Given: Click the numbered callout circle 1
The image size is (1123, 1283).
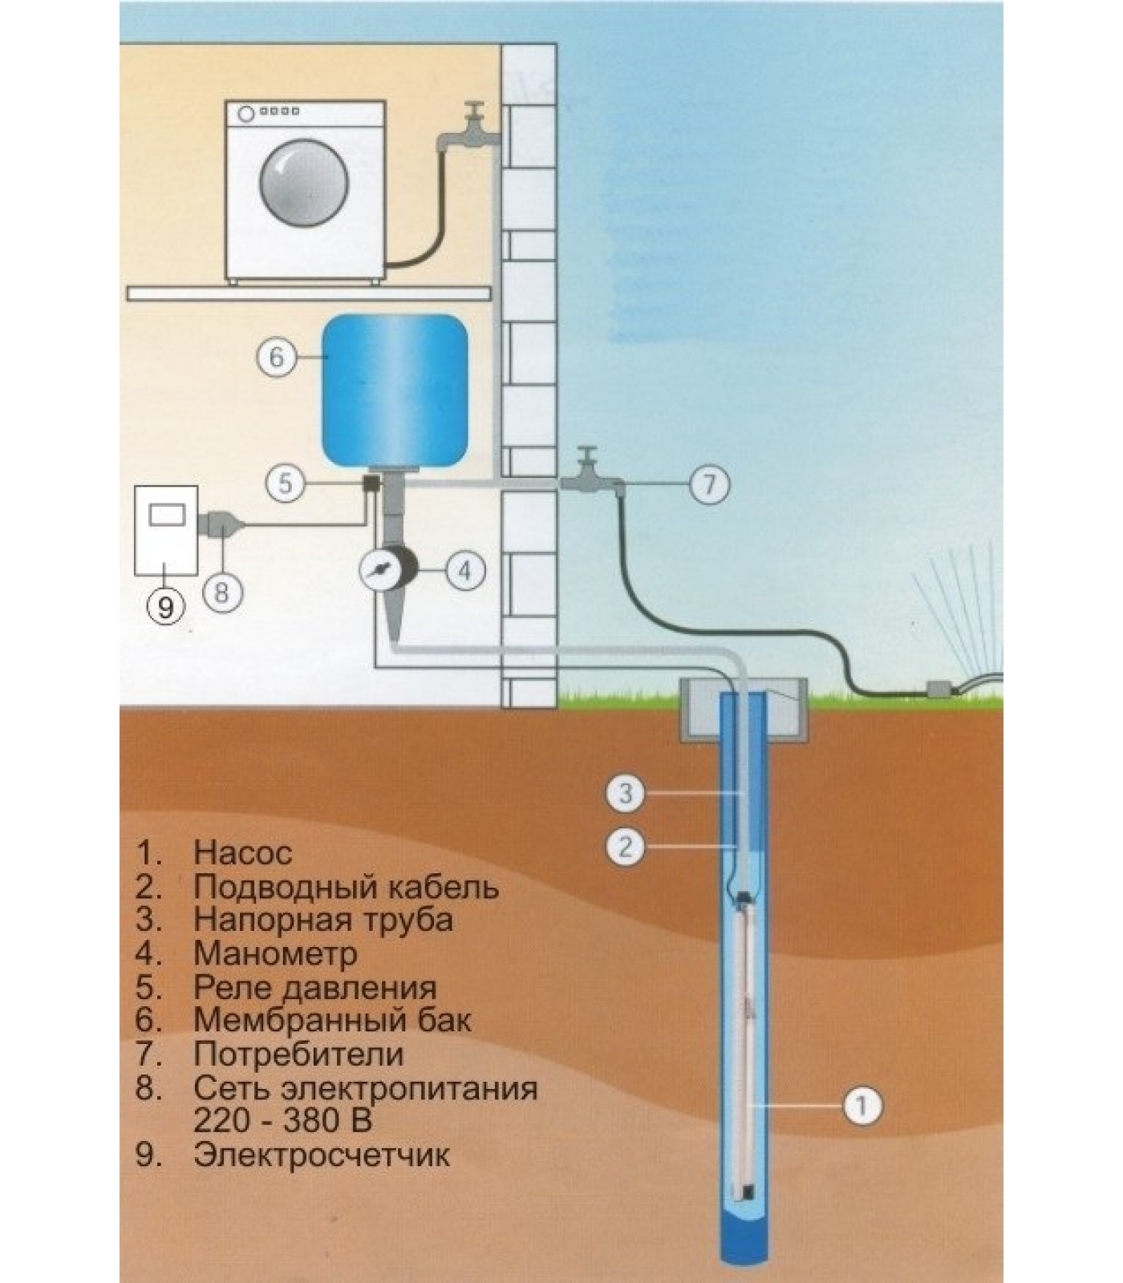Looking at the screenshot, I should (x=861, y=1106).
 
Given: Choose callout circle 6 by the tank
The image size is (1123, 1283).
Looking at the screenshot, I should (x=277, y=356).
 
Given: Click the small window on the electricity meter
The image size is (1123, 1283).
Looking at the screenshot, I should (x=167, y=512).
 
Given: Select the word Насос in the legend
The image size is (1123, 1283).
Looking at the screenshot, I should (x=242, y=852).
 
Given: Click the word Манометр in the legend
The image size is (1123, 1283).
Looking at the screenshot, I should (x=274, y=953).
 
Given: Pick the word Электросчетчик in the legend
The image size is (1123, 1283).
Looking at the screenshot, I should (x=321, y=1156).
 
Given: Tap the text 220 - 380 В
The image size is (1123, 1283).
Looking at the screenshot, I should (x=282, y=1120).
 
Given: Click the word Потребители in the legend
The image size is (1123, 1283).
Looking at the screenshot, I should (x=298, y=1054).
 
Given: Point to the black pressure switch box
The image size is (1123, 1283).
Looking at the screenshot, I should (x=371, y=484).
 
